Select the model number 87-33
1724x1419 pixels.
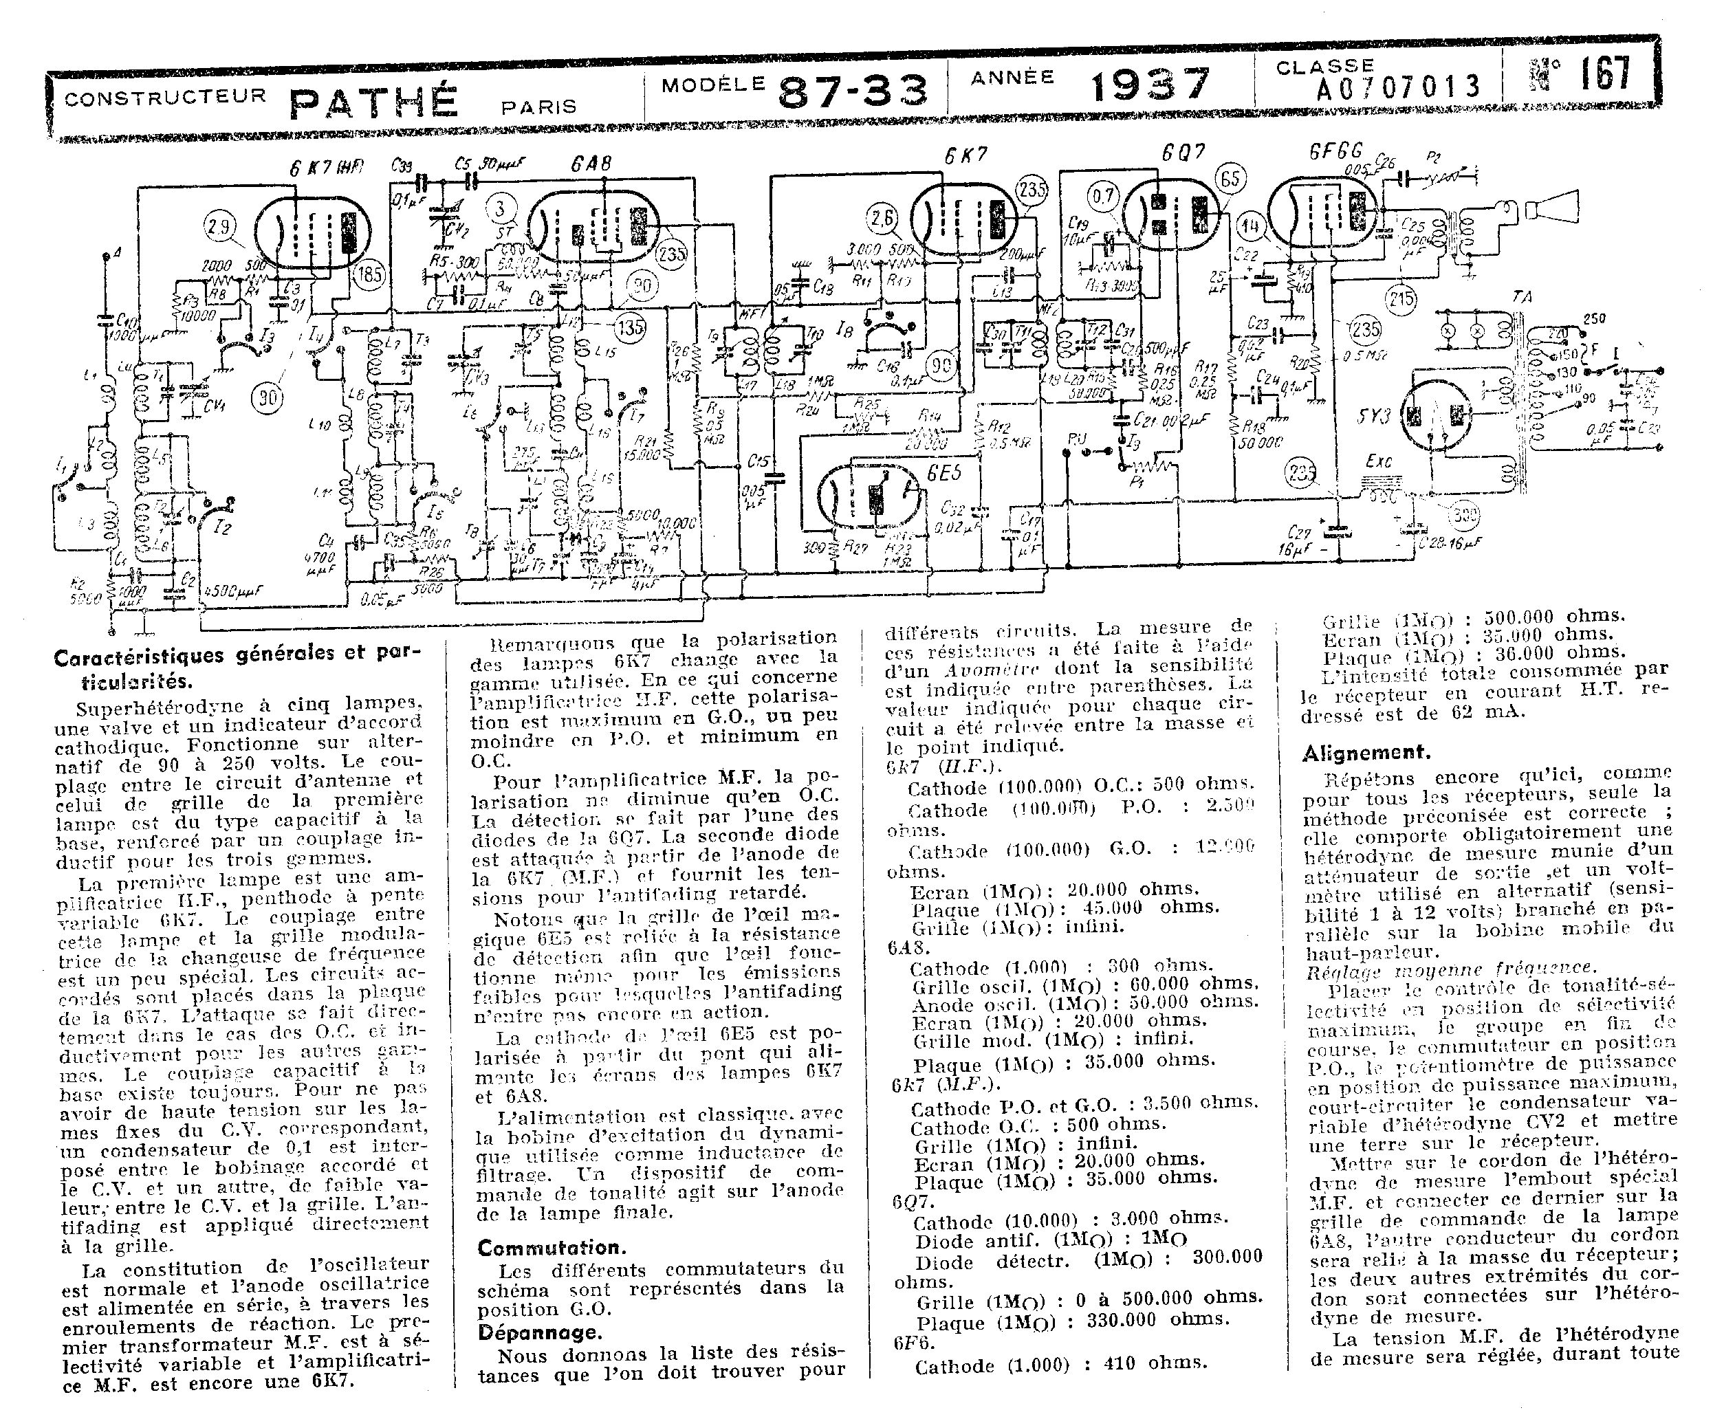tap(853, 90)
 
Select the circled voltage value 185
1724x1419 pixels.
tap(370, 274)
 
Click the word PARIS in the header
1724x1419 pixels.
tap(540, 107)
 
